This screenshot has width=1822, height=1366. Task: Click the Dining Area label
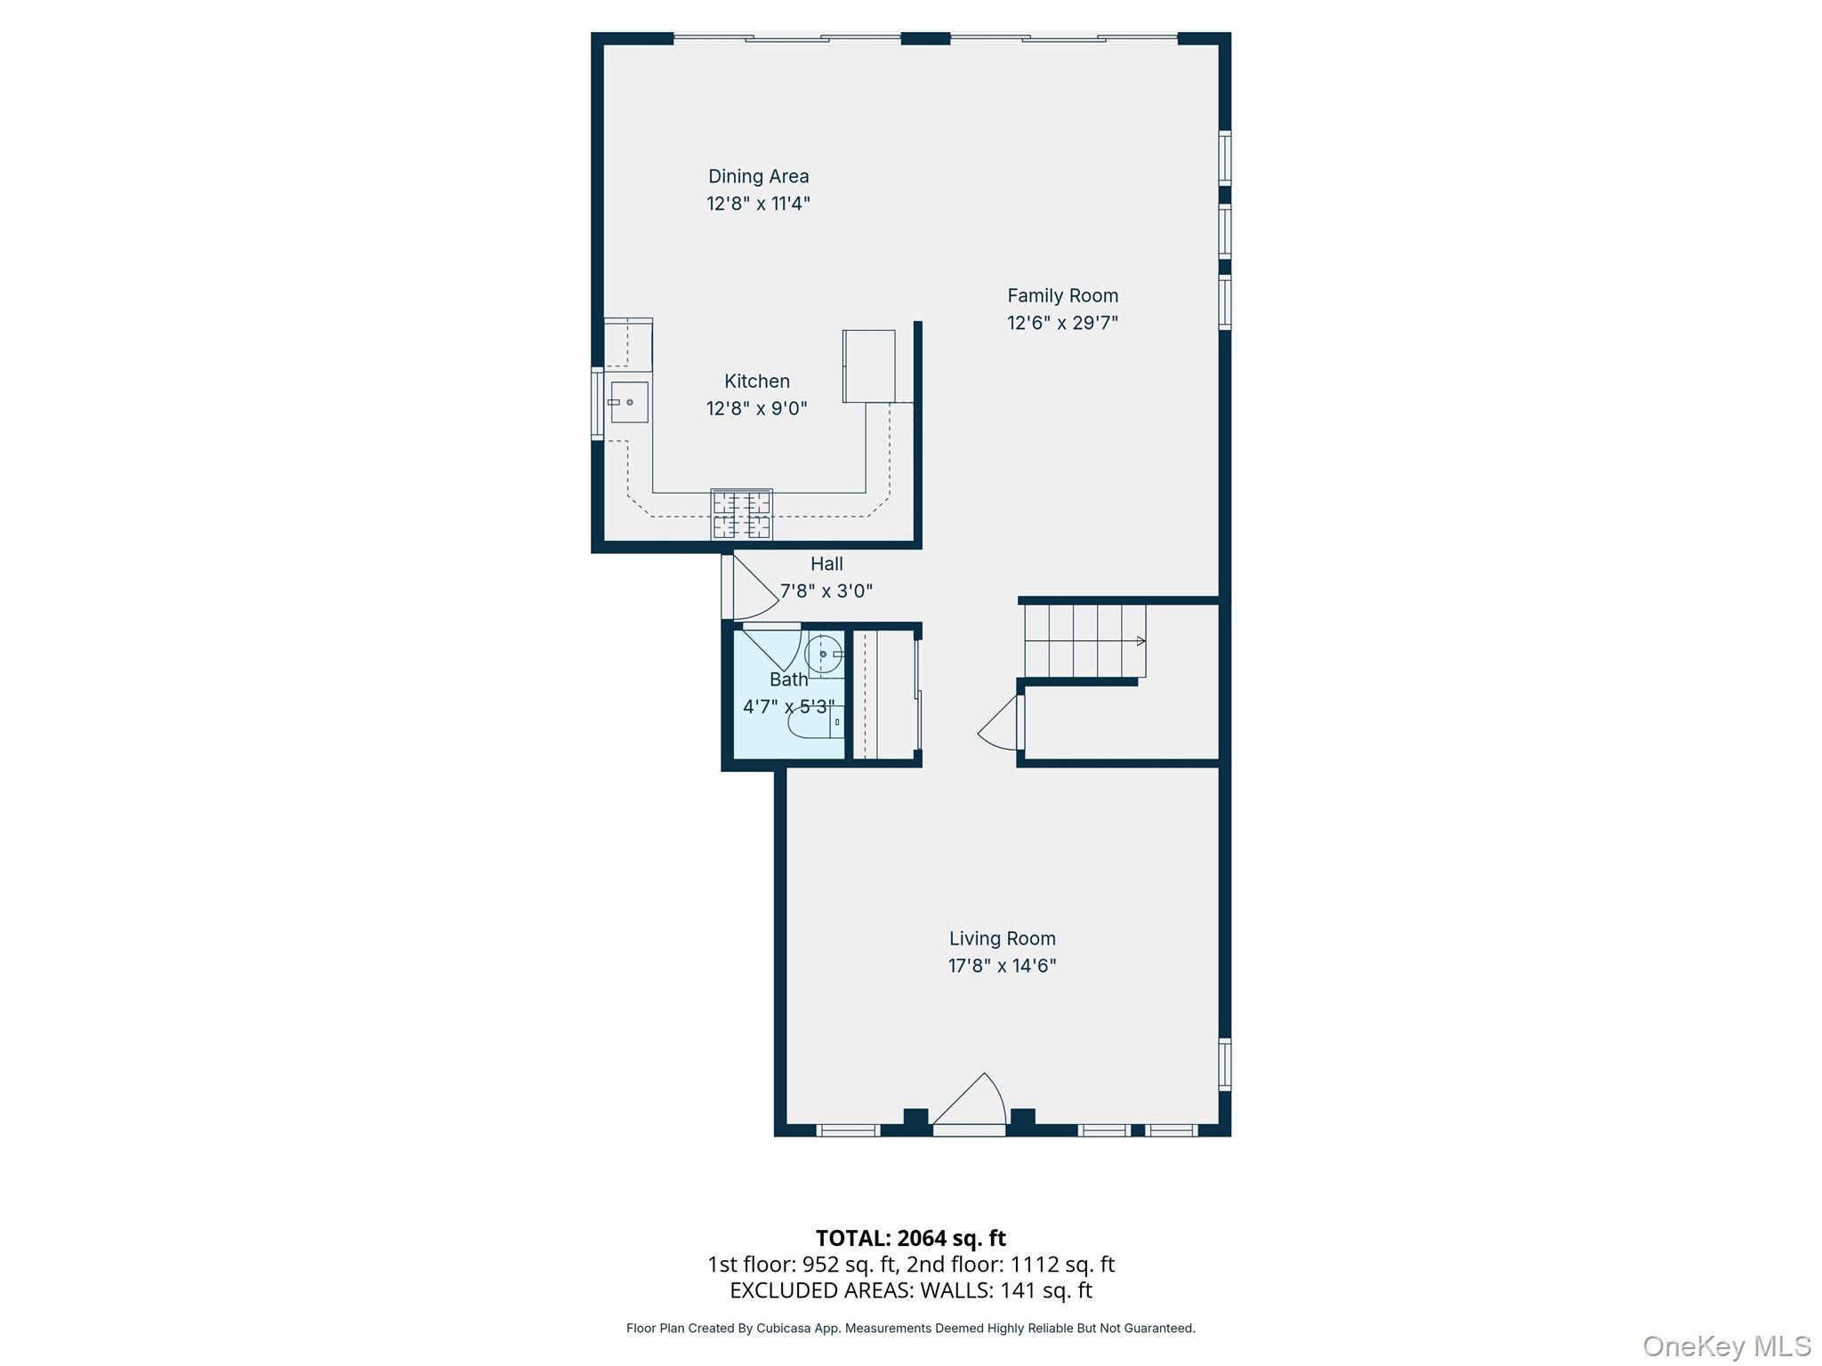tap(758, 176)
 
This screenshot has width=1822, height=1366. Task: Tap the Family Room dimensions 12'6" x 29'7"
tap(1062, 323)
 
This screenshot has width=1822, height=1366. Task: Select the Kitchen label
tap(757, 381)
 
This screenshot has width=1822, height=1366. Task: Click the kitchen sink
tap(629, 402)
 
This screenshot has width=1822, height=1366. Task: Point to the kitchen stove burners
tap(741, 514)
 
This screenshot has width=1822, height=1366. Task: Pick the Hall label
tap(826, 563)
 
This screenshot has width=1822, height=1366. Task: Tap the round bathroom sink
tap(823, 655)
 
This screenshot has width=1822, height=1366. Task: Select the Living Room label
tap(1002, 938)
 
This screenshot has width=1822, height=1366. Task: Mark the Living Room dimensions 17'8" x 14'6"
tap(1002, 966)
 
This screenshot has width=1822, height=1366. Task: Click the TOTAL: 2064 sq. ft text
tap(910, 1238)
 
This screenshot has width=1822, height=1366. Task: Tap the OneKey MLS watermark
tap(1727, 1346)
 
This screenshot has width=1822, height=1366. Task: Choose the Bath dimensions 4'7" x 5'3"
tap(789, 707)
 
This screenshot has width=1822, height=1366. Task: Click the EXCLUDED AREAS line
tap(910, 1290)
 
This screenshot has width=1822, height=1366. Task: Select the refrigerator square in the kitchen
tap(869, 366)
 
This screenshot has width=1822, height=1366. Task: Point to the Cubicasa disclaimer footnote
tap(910, 1329)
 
